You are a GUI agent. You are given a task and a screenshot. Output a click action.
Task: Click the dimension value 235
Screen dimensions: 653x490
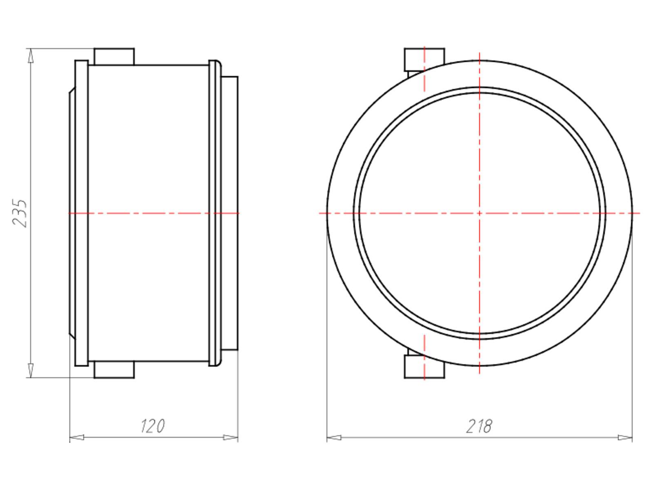click(x=20, y=213)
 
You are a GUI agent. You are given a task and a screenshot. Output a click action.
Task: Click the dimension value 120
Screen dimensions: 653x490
click(x=152, y=426)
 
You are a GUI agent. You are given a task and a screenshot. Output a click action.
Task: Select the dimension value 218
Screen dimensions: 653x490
click(x=479, y=426)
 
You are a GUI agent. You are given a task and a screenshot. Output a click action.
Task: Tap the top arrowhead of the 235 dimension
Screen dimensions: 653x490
click(x=31, y=56)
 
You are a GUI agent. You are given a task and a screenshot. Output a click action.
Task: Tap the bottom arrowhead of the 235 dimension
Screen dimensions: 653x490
click(x=31, y=370)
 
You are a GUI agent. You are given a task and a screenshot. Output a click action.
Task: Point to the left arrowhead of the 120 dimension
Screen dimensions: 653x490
click(x=77, y=437)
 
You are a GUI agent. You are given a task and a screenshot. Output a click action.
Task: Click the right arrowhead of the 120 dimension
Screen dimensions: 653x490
click(x=231, y=437)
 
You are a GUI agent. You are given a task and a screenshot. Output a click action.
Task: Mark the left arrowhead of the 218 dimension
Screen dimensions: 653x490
click(x=334, y=437)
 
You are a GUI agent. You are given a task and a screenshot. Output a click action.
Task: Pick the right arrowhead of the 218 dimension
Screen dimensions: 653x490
click(x=625, y=437)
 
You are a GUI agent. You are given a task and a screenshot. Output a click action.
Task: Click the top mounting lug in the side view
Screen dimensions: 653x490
click(x=114, y=56)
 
